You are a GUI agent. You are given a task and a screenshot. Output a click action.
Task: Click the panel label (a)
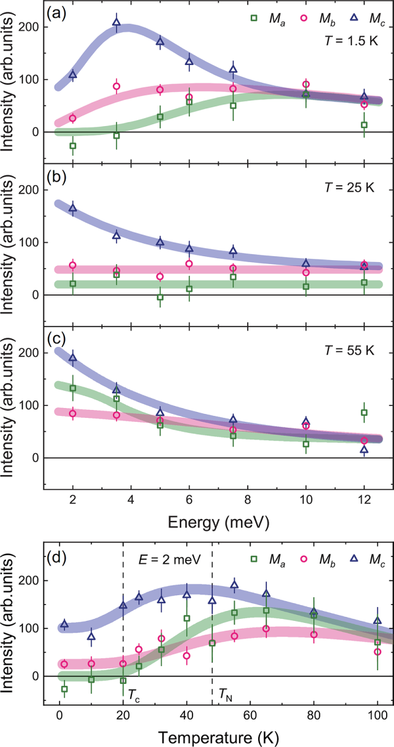(57, 12)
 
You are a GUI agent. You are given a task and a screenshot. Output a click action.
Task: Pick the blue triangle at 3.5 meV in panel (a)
(116, 22)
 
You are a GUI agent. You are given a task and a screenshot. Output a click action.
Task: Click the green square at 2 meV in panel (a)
(72, 146)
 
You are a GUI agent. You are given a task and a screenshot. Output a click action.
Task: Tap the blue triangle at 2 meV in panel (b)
(72, 208)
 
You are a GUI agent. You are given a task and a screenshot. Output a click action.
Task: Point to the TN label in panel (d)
(225, 690)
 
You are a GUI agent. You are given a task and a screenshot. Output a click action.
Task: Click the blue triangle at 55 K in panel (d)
(234, 585)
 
